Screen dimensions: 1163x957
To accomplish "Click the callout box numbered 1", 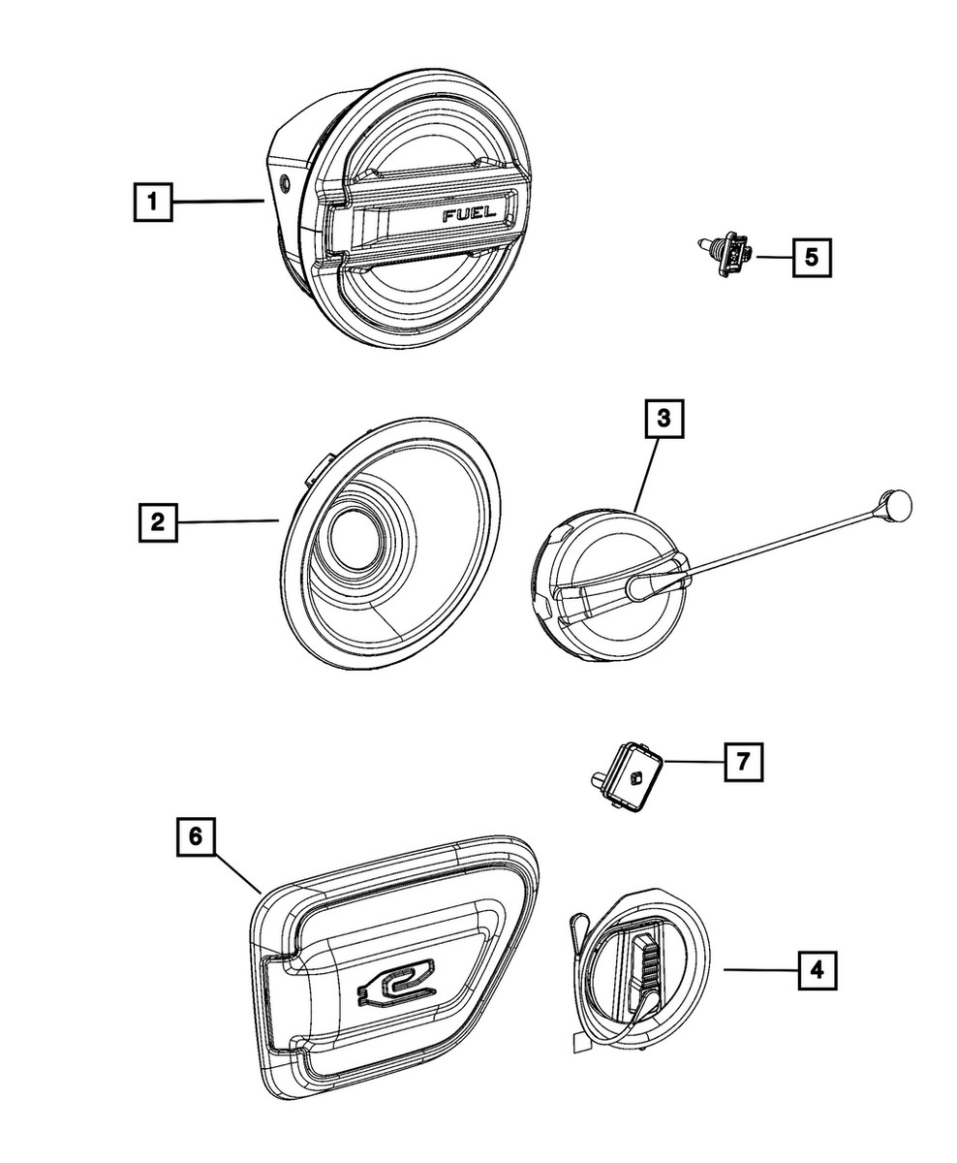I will click(x=152, y=203).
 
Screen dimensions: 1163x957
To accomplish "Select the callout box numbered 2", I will click(x=156, y=522).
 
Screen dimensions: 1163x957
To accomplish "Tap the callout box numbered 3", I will click(x=664, y=420).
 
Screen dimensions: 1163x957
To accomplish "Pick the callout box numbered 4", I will click(x=817, y=968).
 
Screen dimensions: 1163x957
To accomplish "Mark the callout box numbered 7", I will click(x=742, y=763).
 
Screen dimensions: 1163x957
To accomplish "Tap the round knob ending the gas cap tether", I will click(x=896, y=504).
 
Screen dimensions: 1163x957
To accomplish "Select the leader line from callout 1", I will click(x=218, y=202).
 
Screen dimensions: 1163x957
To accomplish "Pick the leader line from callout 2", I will click(x=228, y=522).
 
